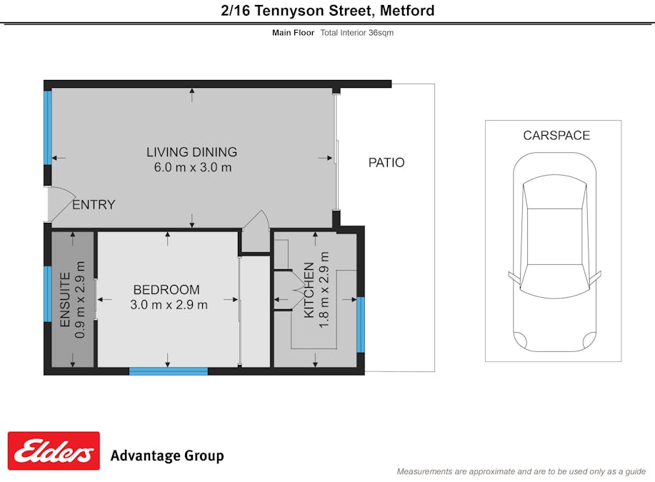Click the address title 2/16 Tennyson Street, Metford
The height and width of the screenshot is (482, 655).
point(327,11)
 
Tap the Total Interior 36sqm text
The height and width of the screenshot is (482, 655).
point(356,33)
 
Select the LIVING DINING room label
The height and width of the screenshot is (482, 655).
point(191,152)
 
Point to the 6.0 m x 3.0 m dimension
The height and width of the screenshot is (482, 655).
point(192,168)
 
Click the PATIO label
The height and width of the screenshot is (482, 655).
point(386,163)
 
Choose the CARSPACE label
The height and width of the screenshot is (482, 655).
point(556,136)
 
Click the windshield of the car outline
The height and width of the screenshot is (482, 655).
point(554,195)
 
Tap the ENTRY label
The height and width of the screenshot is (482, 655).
point(94,205)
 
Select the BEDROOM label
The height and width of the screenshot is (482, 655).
point(166,290)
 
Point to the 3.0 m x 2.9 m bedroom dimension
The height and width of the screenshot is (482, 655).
point(169,305)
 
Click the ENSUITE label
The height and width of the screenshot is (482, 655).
point(65,299)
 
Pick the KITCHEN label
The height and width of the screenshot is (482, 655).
point(309,290)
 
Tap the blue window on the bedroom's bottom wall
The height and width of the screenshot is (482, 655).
point(168,371)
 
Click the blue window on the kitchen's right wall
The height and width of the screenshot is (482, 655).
point(360,325)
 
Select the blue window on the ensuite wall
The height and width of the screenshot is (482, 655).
point(48,293)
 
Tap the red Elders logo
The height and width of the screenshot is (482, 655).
point(54,451)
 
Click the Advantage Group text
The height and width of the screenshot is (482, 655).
point(166,456)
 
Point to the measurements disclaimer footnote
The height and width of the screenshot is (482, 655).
point(521,471)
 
